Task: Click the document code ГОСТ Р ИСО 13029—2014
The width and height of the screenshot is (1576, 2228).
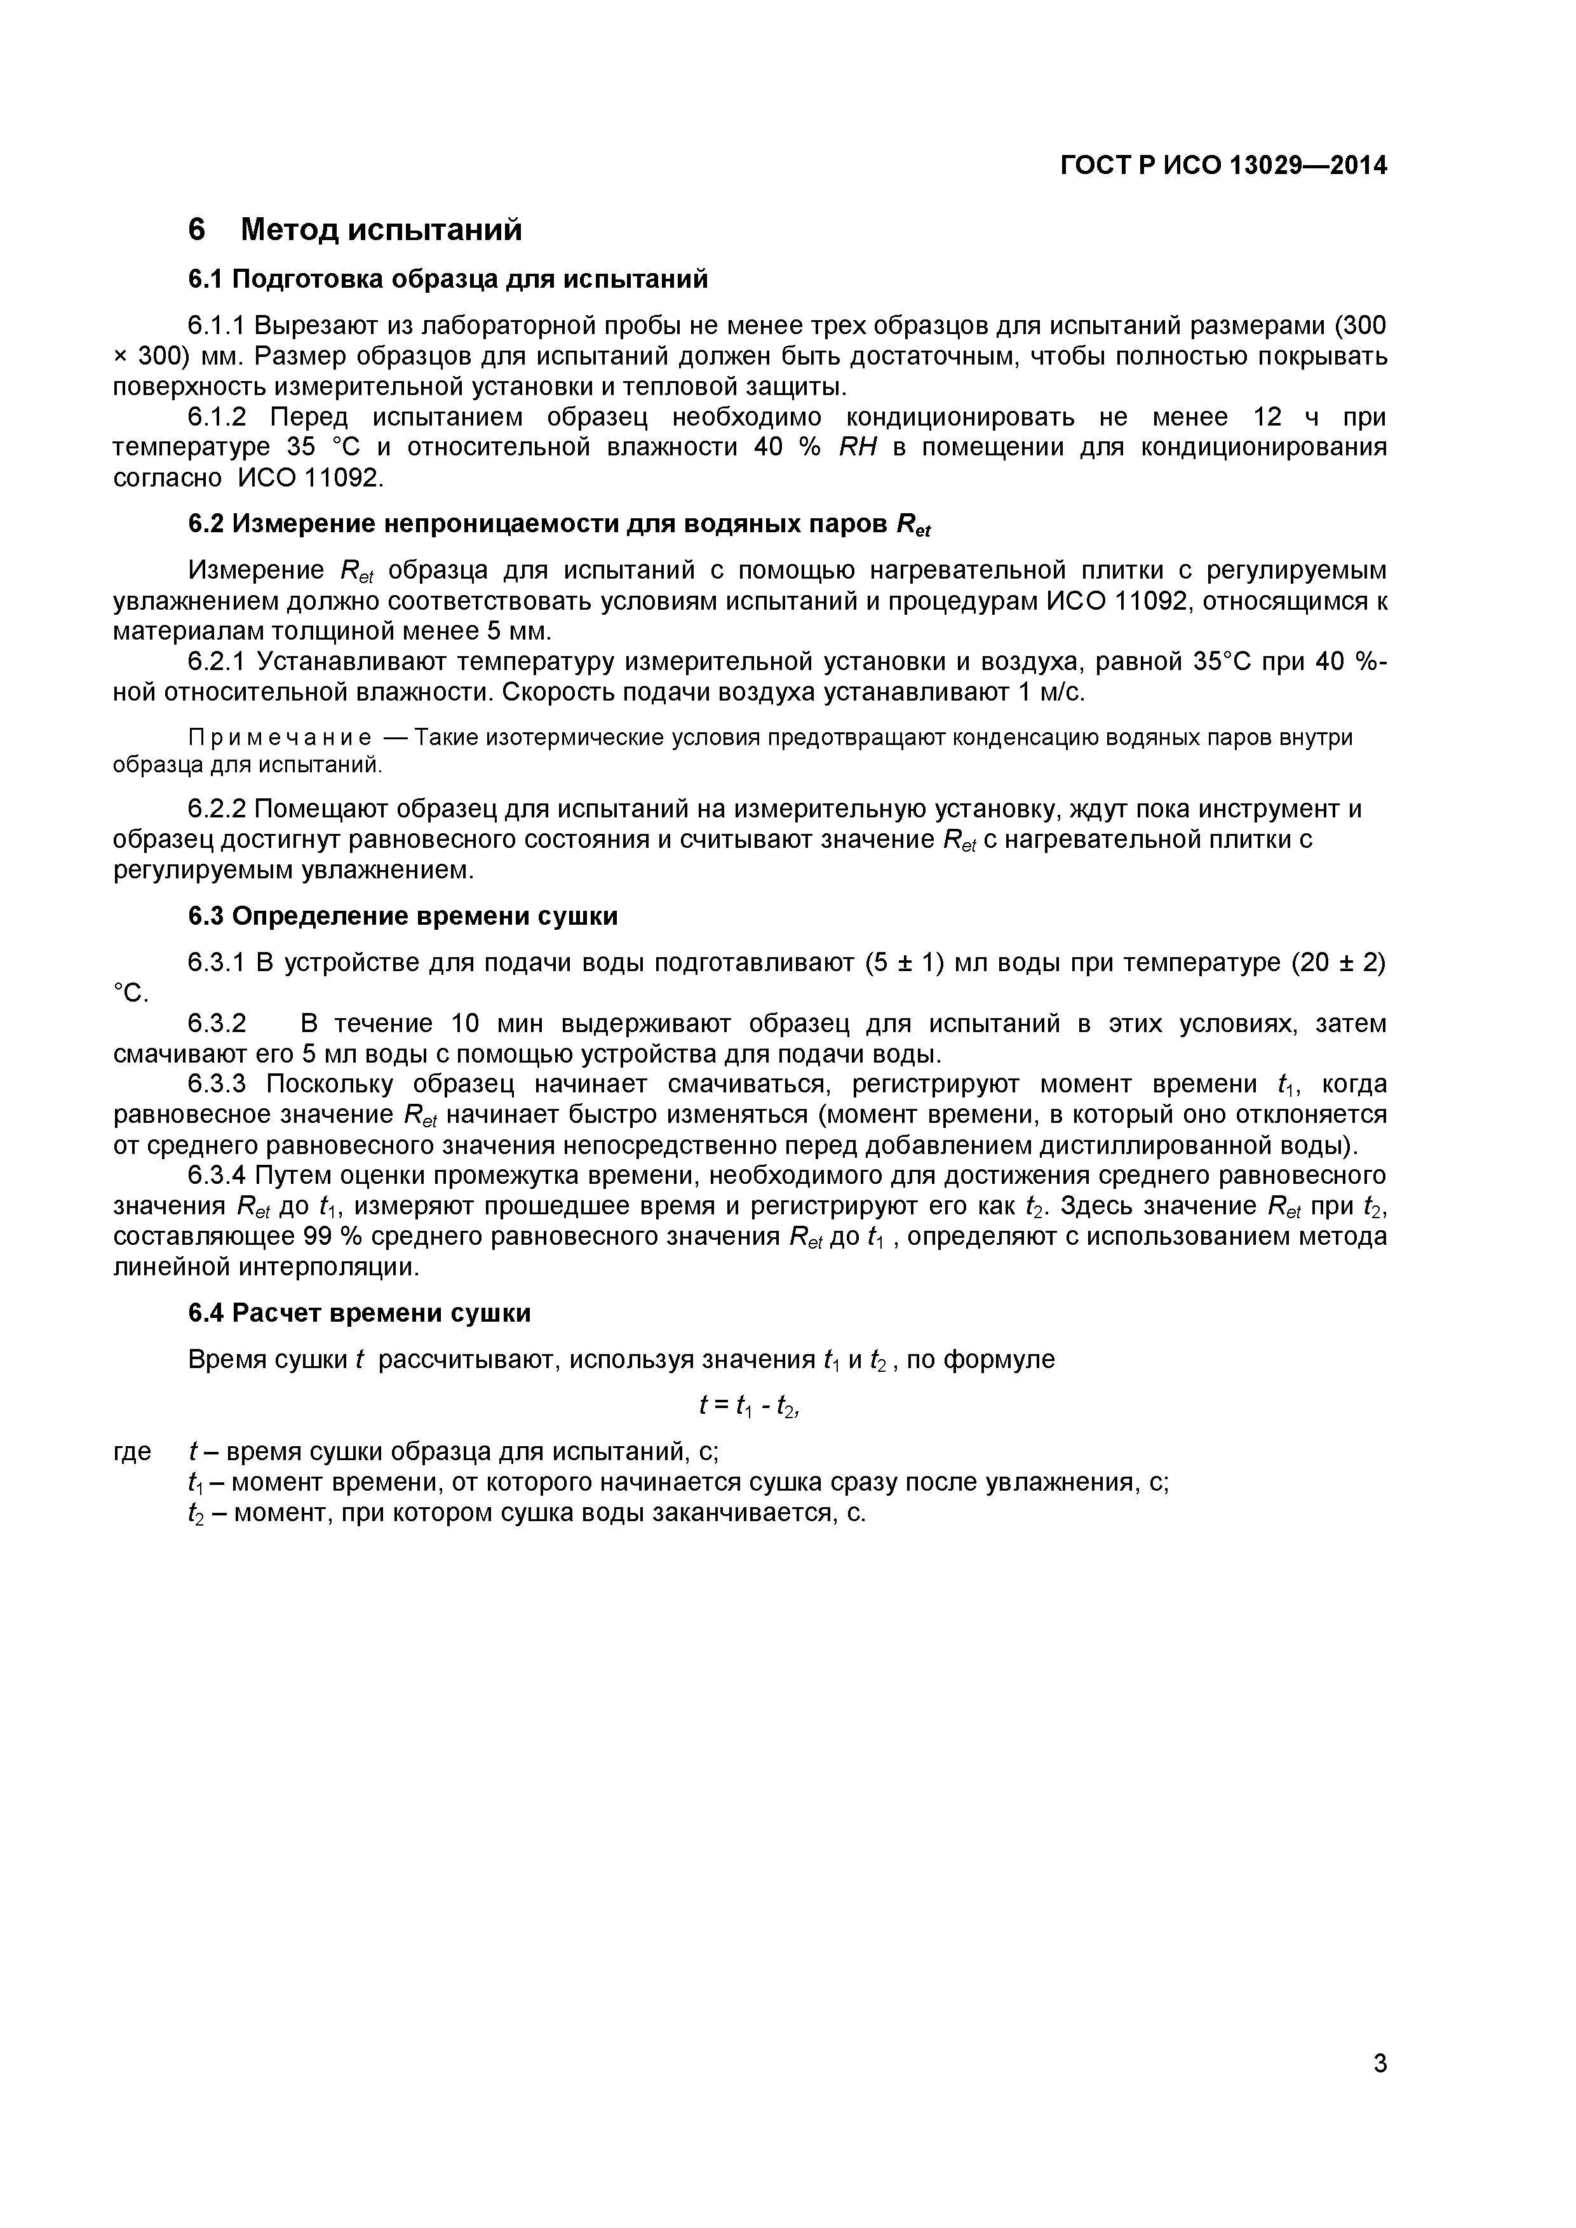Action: coord(1223,166)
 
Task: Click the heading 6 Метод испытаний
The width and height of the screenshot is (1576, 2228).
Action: coord(354,230)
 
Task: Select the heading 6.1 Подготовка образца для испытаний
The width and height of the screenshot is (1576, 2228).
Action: coord(447,279)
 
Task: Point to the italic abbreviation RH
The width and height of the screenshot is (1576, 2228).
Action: coord(857,447)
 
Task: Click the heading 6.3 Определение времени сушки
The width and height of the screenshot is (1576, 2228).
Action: coord(401,916)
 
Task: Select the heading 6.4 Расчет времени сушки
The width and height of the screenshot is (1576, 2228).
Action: coord(359,1313)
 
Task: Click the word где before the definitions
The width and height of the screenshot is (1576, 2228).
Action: coord(132,1452)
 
